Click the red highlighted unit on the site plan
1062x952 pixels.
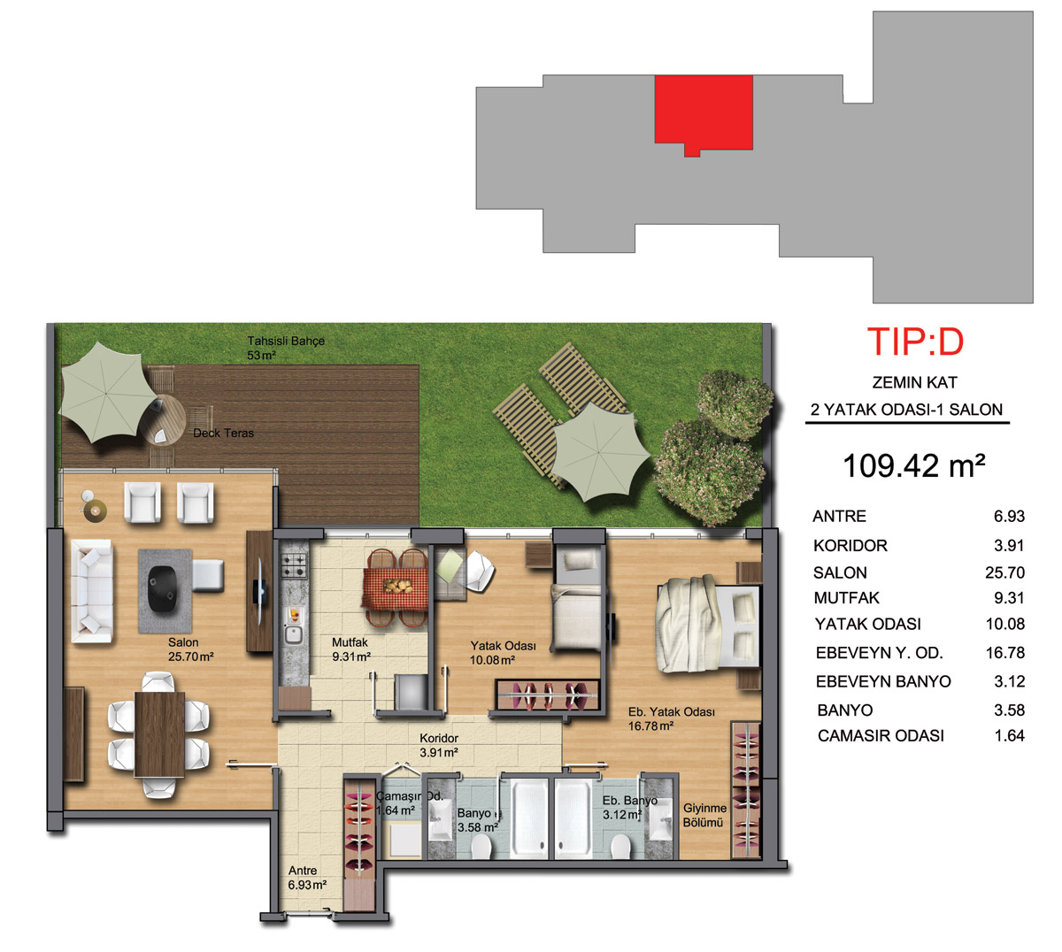[x=704, y=112]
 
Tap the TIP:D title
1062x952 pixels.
[x=915, y=342]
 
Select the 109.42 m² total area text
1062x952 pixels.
[x=913, y=465]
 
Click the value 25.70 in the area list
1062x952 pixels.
[x=1004, y=572]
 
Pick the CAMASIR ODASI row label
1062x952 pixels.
[x=881, y=736]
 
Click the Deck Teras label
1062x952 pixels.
[x=223, y=433]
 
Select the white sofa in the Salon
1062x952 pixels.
[x=92, y=591]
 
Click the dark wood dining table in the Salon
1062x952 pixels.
[x=159, y=735]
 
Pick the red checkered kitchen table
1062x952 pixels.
[x=396, y=588]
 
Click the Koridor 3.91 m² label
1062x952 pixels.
[x=439, y=746]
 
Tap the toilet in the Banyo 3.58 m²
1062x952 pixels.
[x=481, y=846]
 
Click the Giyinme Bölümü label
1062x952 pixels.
[x=704, y=815]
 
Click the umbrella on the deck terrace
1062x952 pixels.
[x=107, y=392]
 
